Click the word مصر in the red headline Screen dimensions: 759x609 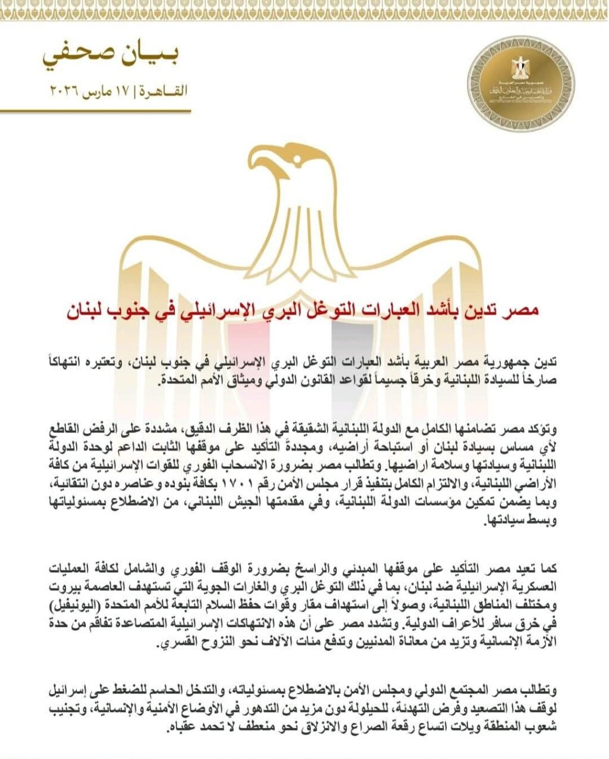(525, 310)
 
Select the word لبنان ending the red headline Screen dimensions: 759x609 (89, 310)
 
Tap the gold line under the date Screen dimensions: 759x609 (95, 111)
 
